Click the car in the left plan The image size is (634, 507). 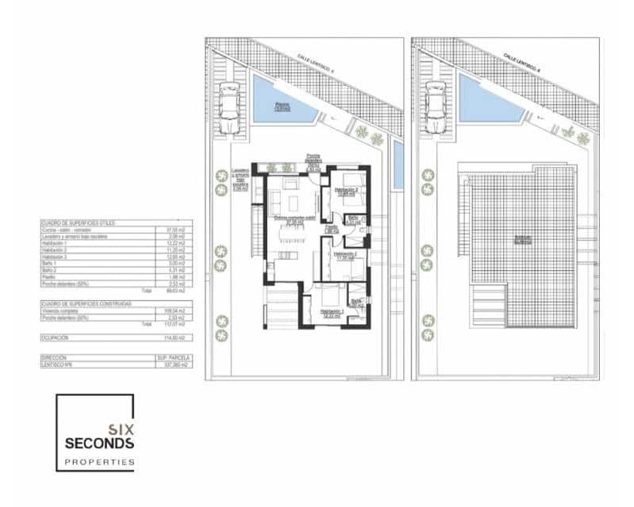(230, 108)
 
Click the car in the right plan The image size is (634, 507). (436, 108)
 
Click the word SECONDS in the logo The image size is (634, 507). (99, 444)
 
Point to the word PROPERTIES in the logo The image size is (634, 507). (99, 462)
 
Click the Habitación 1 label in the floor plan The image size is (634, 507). (332, 311)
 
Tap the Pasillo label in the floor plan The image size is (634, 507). (332, 227)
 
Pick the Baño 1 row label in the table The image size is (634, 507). (51, 264)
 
